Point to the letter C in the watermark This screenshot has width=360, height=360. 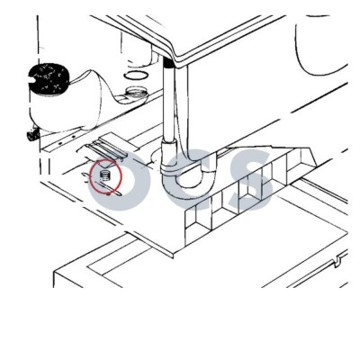pos(188,179)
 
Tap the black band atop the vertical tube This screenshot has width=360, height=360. pos(169,64)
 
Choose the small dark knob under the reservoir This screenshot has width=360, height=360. pos(31,135)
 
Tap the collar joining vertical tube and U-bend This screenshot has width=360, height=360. pos(169,144)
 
